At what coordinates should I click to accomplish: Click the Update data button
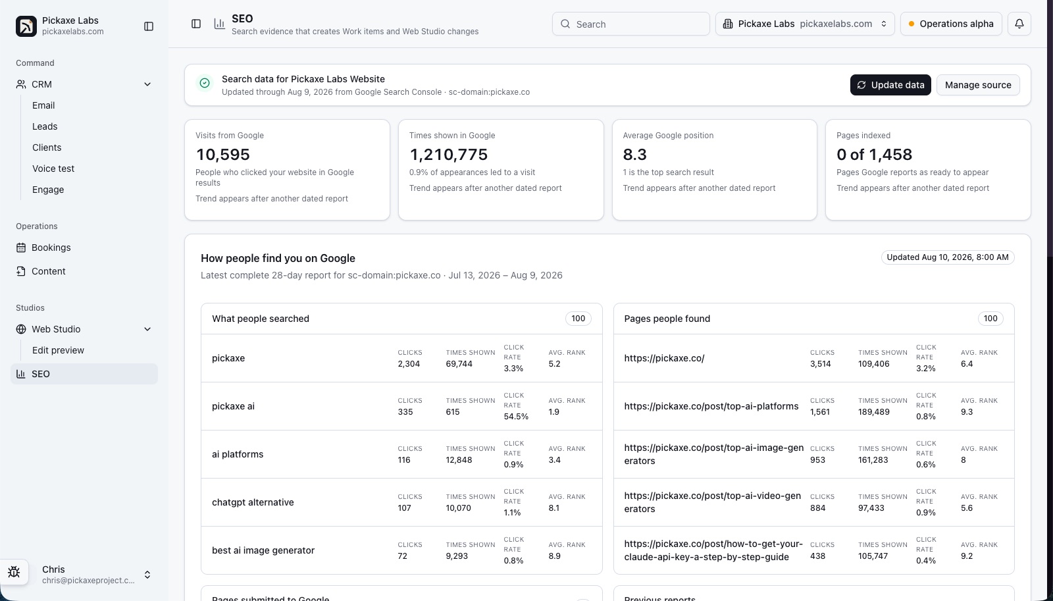click(x=890, y=85)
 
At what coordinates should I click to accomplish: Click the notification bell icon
click(x=1019, y=24)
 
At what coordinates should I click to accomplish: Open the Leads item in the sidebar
click(x=45, y=126)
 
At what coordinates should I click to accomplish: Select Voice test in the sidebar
click(x=53, y=169)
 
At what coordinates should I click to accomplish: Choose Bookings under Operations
click(x=51, y=248)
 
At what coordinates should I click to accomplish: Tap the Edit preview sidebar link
click(x=58, y=350)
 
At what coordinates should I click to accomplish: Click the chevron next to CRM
click(x=147, y=84)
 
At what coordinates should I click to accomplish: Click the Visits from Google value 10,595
click(x=223, y=154)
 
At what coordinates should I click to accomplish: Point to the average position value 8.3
click(x=634, y=154)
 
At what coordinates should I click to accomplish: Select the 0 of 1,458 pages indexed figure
click(x=874, y=154)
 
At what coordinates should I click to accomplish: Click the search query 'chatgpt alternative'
click(x=253, y=502)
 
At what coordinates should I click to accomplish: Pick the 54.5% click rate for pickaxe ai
click(x=516, y=417)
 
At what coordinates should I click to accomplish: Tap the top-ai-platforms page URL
click(x=711, y=406)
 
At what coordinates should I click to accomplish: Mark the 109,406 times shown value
click(x=873, y=363)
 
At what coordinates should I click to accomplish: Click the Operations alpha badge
click(x=951, y=24)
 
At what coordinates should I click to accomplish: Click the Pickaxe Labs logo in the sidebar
click(x=26, y=26)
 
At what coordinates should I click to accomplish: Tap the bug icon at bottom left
click(x=14, y=572)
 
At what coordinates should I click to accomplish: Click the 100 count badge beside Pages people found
click(x=990, y=319)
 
